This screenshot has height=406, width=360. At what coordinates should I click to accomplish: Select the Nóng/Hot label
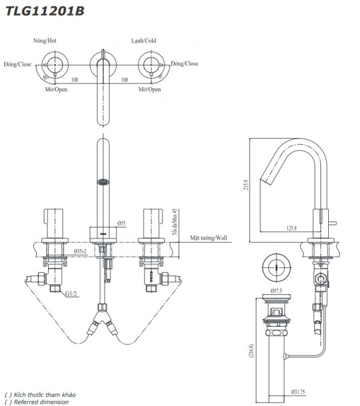pyautogui.click(x=46, y=41)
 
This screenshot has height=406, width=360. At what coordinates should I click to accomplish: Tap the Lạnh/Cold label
pyautogui.click(x=143, y=41)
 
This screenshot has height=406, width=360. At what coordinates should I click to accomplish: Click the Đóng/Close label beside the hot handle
pyautogui.click(x=17, y=64)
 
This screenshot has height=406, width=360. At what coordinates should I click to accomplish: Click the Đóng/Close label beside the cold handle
pyautogui.click(x=184, y=64)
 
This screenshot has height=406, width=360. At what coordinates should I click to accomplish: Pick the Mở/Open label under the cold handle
pyautogui.click(x=149, y=89)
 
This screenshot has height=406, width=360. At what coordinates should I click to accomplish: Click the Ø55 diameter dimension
pyautogui.click(x=122, y=223)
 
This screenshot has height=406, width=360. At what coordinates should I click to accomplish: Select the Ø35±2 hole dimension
pyautogui.click(x=82, y=250)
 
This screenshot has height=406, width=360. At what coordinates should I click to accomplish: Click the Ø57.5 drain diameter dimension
pyautogui.click(x=277, y=290)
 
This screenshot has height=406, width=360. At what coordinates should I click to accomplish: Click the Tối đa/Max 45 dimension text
pyautogui.click(x=175, y=222)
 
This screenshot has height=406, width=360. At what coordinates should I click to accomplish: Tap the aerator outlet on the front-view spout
pyautogui.click(x=103, y=180)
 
